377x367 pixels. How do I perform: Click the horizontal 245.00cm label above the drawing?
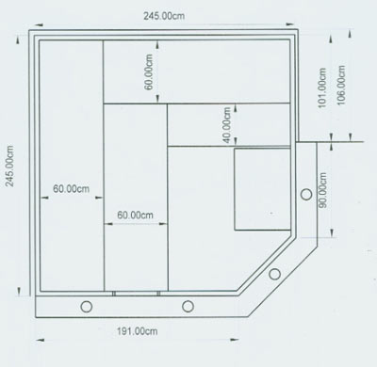pos(164,16)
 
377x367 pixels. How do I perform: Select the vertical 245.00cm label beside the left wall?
pos(9,166)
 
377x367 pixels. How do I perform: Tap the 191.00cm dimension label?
pos(138,331)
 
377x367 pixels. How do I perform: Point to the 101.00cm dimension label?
pos(322,88)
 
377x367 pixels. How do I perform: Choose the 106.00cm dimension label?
pos(341,86)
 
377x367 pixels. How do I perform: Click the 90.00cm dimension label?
pos(322,190)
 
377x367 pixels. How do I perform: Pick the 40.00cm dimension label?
pos(227,125)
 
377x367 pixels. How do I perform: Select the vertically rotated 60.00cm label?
pos(149,72)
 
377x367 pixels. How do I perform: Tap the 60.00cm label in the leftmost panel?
pos(71,189)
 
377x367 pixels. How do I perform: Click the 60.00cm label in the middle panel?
pos(135,215)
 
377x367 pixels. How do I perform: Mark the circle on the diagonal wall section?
pos(274,274)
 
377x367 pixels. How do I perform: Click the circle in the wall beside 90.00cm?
pos(306,195)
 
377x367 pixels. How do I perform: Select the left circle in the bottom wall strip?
pos(86,307)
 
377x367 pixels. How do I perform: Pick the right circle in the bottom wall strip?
pos(188,307)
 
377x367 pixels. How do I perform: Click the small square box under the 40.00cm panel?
pos(262,189)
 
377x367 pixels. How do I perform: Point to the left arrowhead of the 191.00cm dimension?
pos(40,340)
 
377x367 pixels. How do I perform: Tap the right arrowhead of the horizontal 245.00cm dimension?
pos(289,24)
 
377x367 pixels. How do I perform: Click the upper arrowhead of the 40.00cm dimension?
pos(236,109)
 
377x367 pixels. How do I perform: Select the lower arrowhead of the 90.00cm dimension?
pos(332,232)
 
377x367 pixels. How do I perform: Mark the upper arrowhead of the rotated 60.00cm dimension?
pos(157,45)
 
